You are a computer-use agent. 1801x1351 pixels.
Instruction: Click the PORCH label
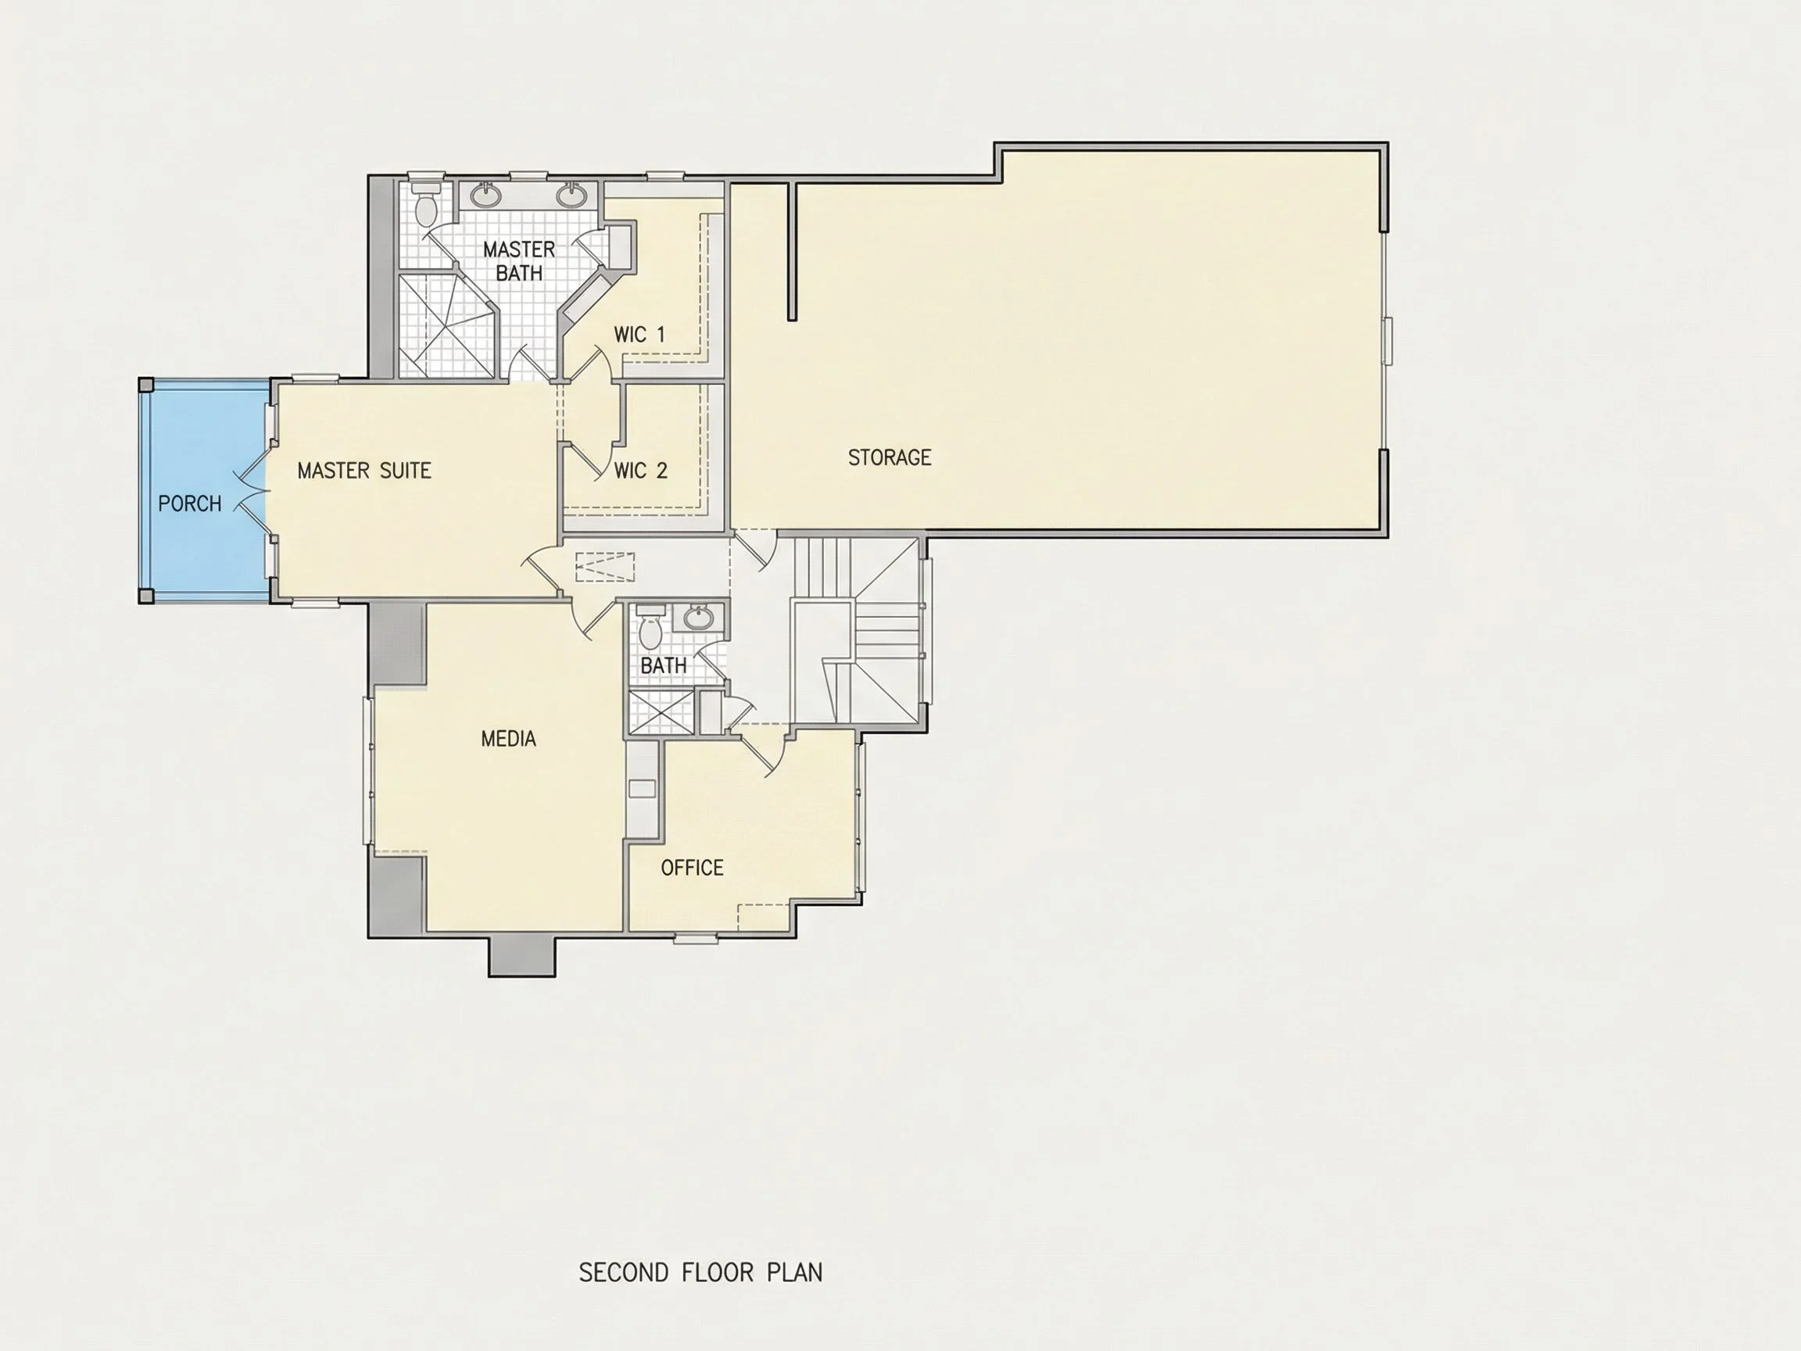click(190, 504)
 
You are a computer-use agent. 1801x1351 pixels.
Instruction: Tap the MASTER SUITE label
click(364, 471)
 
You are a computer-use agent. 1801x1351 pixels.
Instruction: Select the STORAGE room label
click(890, 457)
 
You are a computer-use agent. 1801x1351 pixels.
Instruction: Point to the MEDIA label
click(509, 740)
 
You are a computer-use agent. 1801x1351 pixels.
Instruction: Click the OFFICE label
click(692, 868)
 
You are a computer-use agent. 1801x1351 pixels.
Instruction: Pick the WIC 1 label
click(639, 335)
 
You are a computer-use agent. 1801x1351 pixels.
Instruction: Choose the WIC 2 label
click(641, 471)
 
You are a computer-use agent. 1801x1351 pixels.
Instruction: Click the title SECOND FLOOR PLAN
click(701, 1273)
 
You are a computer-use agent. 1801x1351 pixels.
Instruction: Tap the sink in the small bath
click(698, 618)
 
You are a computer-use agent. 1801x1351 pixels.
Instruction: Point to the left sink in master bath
click(486, 195)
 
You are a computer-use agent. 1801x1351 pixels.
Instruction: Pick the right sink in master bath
click(571, 195)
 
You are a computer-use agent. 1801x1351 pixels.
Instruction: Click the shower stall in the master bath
click(446, 326)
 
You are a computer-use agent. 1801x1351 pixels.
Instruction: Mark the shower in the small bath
click(661, 711)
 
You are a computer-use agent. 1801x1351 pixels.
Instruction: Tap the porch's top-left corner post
click(145, 385)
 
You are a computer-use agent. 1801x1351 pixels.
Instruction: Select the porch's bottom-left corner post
click(145, 596)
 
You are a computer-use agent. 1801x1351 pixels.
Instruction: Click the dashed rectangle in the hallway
click(605, 567)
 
